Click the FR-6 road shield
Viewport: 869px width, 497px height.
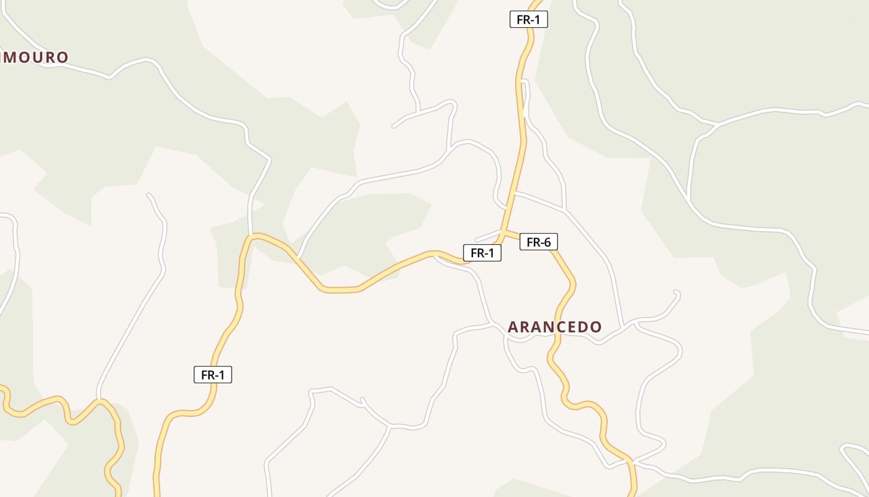pyautogui.click(x=538, y=242)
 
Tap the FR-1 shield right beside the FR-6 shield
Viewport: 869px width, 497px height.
pyautogui.click(x=482, y=253)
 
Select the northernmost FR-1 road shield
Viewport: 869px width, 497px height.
pyautogui.click(x=528, y=19)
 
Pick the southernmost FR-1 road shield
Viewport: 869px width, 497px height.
pyautogui.click(x=212, y=375)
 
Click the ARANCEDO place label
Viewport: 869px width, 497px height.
pyautogui.click(x=554, y=327)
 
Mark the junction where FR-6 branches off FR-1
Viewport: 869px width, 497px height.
pyautogui.click(x=503, y=231)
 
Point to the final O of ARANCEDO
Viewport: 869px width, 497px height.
pyautogui.click(x=596, y=327)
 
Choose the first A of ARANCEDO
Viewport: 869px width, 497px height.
pyautogui.click(x=513, y=327)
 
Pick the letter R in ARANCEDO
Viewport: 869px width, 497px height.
pyautogui.click(x=526, y=327)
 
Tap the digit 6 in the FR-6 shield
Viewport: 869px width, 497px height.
pyautogui.click(x=547, y=242)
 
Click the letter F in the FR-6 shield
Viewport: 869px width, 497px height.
pyautogui.click(x=529, y=242)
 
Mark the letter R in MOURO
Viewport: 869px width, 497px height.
pyautogui.click(x=49, y=57)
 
